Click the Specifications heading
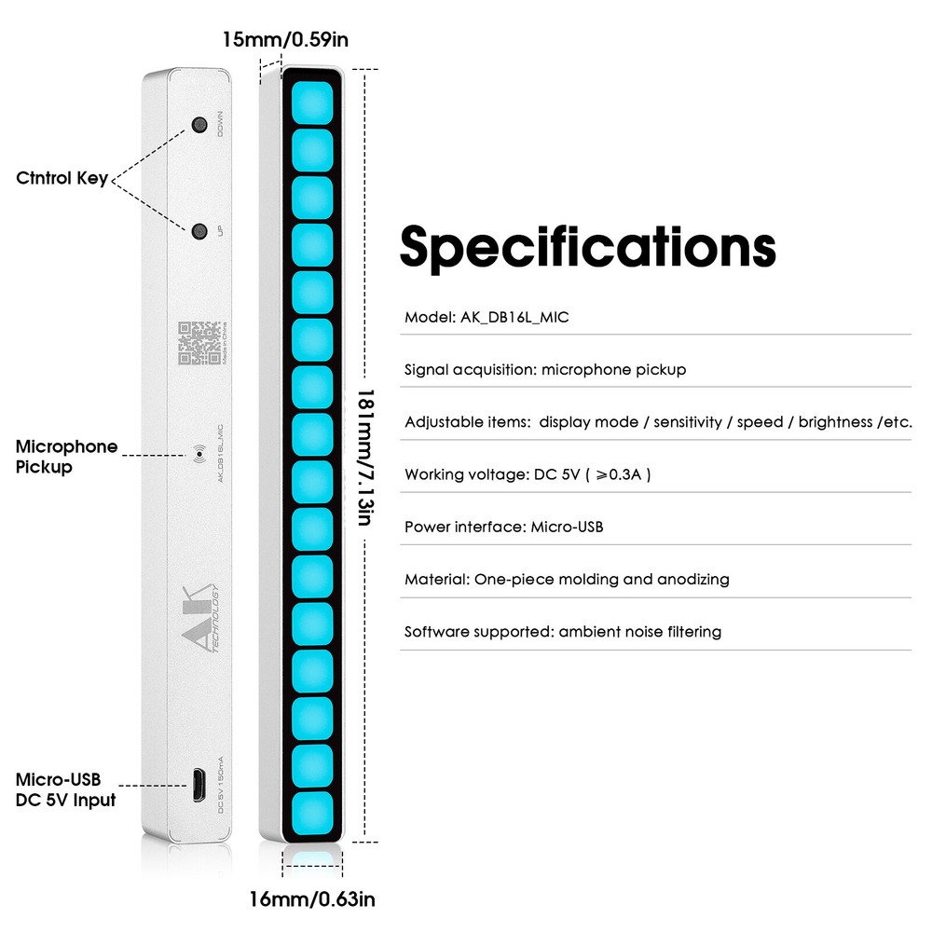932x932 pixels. pos(587,247)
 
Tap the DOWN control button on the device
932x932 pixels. pos(199,125)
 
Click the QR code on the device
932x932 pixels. pos(199,343)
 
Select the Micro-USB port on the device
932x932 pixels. pos(199,785)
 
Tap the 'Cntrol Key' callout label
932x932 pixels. pos(62,179)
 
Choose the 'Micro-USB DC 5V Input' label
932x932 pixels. pos(65,789)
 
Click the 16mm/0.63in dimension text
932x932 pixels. pos(311,899)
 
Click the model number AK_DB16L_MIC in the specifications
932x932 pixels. pos(514,318)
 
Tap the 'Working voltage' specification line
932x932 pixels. pos(528,475)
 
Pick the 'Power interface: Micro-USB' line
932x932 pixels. pos(504,528)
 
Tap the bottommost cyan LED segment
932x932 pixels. pos(312,813)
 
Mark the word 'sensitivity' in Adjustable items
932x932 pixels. pos(688,423)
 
